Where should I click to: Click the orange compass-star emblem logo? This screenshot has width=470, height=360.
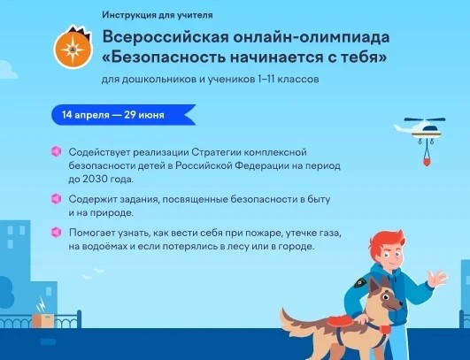pyautogui.click(x=73, y=48)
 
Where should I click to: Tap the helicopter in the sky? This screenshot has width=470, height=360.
pyautogui.click(x=420, y=129)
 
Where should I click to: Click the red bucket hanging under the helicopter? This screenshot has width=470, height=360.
pyautogui.click(x=428, y=161)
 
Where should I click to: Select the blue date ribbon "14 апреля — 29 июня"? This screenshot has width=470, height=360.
pyautogui.click(x=124, y=115)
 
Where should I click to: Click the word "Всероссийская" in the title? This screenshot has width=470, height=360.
pyautogui.click(x=166, y=37)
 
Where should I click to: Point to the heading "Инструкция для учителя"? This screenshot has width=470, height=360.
pyautogui.click(x=158, y=15)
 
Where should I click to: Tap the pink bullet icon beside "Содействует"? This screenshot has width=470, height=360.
pyautogui.click(x=57, y=151)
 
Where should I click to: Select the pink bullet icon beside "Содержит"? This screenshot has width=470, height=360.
pyautogui.click(x=57, y=198)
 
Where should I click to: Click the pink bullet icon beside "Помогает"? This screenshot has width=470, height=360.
pyautogui.click(x=57, y=232)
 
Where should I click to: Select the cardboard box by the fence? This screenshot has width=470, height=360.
pyautogui.click(x=42, y=320)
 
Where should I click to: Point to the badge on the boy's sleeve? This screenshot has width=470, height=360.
pyautogui.click(x=359, y=282)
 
